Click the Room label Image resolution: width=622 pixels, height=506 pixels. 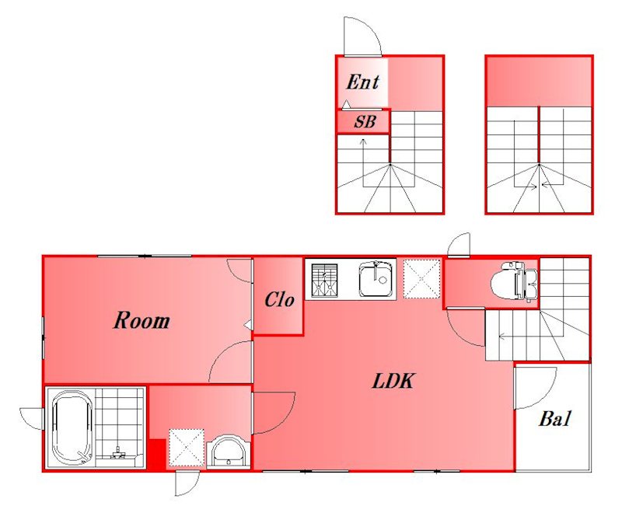click(142, 320)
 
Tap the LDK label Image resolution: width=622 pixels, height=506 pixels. click(393, 381)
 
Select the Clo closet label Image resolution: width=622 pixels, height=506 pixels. click(280, 300)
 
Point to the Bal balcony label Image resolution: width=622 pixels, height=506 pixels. click(554, 419)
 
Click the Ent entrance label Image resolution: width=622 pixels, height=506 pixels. click(362, 82)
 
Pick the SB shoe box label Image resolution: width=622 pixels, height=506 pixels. click(365, 122)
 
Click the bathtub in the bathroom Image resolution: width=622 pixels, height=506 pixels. click(72, 427)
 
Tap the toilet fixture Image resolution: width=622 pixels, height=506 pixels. click(514, 281)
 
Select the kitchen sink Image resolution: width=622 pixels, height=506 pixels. click(377, 279)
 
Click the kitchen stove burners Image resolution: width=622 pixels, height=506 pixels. click(324, 281)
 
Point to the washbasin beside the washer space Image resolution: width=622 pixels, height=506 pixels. click(228, 452)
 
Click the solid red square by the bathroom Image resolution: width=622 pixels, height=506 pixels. click(158, 455)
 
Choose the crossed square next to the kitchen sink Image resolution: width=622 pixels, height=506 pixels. click(422, 279)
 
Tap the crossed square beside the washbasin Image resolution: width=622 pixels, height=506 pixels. click(187, 448)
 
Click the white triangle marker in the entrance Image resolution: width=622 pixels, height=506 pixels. click(347, 104)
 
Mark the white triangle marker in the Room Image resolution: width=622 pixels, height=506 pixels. click(248, 325)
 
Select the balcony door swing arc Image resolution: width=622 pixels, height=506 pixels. click(543, 396)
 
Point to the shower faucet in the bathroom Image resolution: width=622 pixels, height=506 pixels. click(117, 453)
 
